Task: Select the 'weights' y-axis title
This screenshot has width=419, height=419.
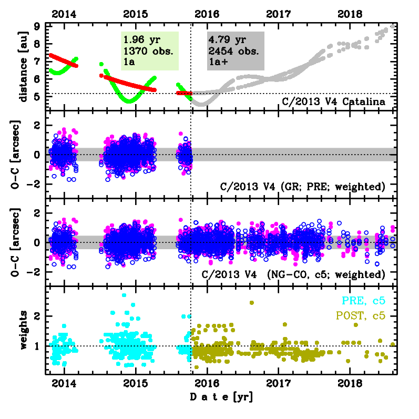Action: [23, 329]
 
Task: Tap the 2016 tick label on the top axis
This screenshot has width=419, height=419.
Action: [208, 13]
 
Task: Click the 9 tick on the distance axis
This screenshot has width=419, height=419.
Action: [37, 26]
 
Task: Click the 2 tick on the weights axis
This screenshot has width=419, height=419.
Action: [37, 316]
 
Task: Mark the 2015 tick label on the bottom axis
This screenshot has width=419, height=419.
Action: [136, 384]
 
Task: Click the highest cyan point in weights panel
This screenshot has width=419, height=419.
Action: [124, 295]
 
